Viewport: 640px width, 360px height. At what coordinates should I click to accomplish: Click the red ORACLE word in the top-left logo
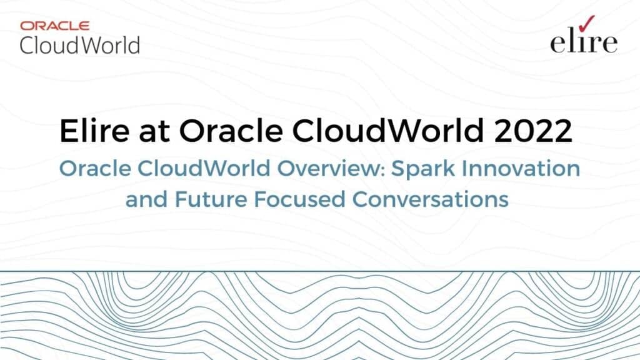(x=55, y=26)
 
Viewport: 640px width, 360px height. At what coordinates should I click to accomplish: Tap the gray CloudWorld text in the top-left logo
(x=80, y=45)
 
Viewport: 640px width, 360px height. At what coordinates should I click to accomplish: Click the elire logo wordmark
(x=584, y=42)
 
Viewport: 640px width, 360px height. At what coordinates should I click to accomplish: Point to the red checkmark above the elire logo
(x=586, y=23)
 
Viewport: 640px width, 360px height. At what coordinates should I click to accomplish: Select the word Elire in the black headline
(x=94, y=131)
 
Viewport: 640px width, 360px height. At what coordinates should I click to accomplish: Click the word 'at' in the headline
(x=154, y=132)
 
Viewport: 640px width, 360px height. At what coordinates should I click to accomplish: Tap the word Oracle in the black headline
(x=231, y=131)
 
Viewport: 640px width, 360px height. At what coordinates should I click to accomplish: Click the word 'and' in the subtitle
(x=146, y=199)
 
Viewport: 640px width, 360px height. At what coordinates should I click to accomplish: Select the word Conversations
(x=430, y=199)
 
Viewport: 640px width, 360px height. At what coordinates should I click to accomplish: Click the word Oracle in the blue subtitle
(x=96, y=169)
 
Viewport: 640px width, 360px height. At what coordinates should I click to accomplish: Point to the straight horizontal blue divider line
(x=320, y=271)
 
